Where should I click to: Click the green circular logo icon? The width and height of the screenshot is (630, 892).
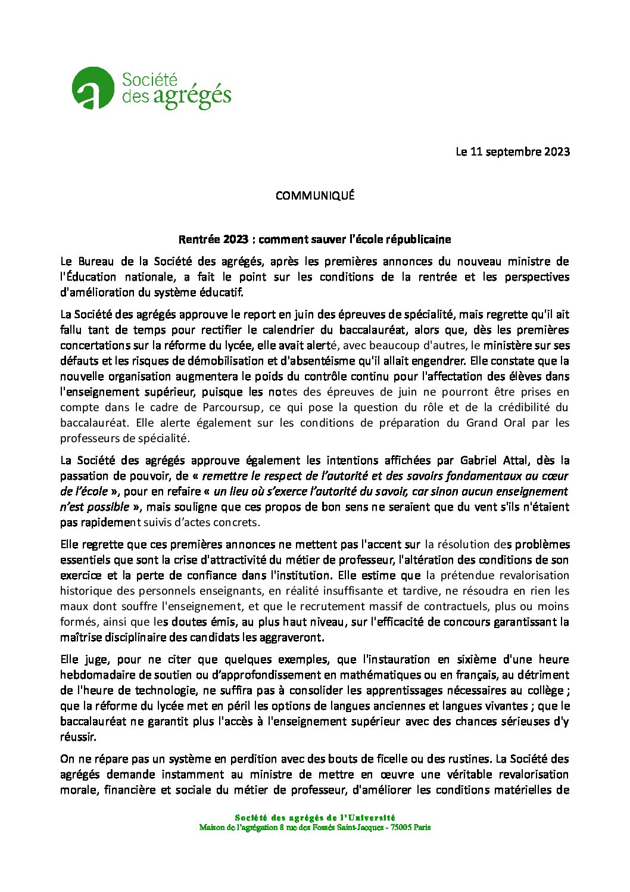point(92,88)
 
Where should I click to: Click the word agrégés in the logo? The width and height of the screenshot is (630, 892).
point(192,97)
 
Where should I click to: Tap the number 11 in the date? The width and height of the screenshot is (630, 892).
point(476,151)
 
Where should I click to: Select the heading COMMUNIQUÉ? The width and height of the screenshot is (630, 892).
point(315,195)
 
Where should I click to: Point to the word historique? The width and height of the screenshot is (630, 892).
point(85,591)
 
